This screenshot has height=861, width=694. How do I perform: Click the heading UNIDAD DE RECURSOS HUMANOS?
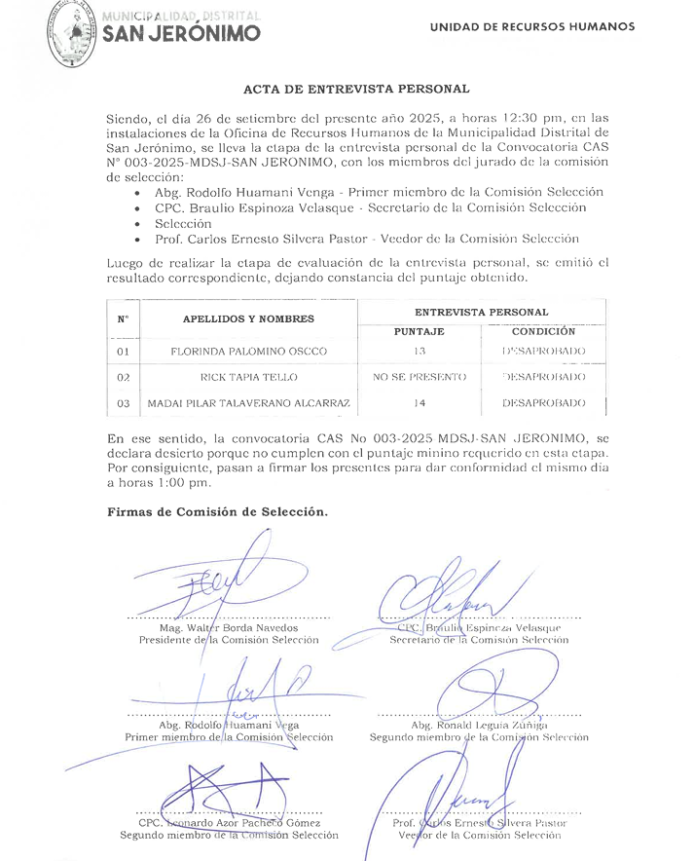click(x=532, y=27)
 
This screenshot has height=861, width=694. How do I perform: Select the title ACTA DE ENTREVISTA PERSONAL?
click(x=355, y=90)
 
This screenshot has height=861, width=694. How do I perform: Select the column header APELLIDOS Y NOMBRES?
click(x=248, y=318)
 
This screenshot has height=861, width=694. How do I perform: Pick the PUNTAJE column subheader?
click(x=420, y=331)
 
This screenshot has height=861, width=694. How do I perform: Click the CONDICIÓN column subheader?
click(x=543, y=331)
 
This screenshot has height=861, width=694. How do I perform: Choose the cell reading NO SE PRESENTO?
click(x=420, y=376)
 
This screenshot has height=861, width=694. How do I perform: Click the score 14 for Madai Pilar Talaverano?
click(x=420, y=402)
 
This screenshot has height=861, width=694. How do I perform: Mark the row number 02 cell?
click(x=124, y=376)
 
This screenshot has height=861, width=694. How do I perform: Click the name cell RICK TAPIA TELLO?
click(x=248, y=376)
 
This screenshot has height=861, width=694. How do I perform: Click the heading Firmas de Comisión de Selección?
click(x=218, y=511)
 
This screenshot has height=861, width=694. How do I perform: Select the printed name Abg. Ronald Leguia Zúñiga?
click(x=479, y=725)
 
